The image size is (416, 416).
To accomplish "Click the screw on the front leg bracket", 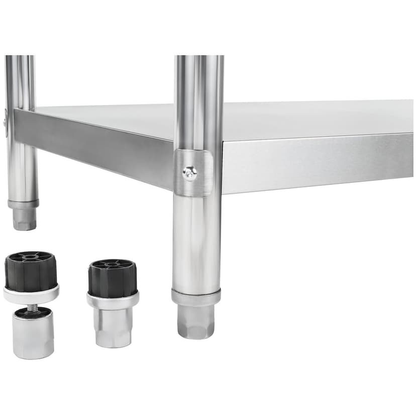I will pyautogui.click(x=190, y=173).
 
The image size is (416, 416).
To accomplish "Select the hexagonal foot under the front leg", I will pyautogui.click(x=196, y=321).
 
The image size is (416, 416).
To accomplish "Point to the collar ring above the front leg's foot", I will pyautogui.click(x=196, y=297).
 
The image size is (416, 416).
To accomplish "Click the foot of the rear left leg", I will pyautogui.click(x=24, y=219).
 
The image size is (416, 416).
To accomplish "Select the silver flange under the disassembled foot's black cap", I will pyautogui.click(x=31, y=295).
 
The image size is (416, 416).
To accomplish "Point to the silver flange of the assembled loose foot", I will pyautogui.click(x=113, y=300).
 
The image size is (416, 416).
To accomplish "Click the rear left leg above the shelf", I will pyautogui.click(x=20, y=80).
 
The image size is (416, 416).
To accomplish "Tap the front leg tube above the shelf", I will pyautogui.click(x=199, y=100).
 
